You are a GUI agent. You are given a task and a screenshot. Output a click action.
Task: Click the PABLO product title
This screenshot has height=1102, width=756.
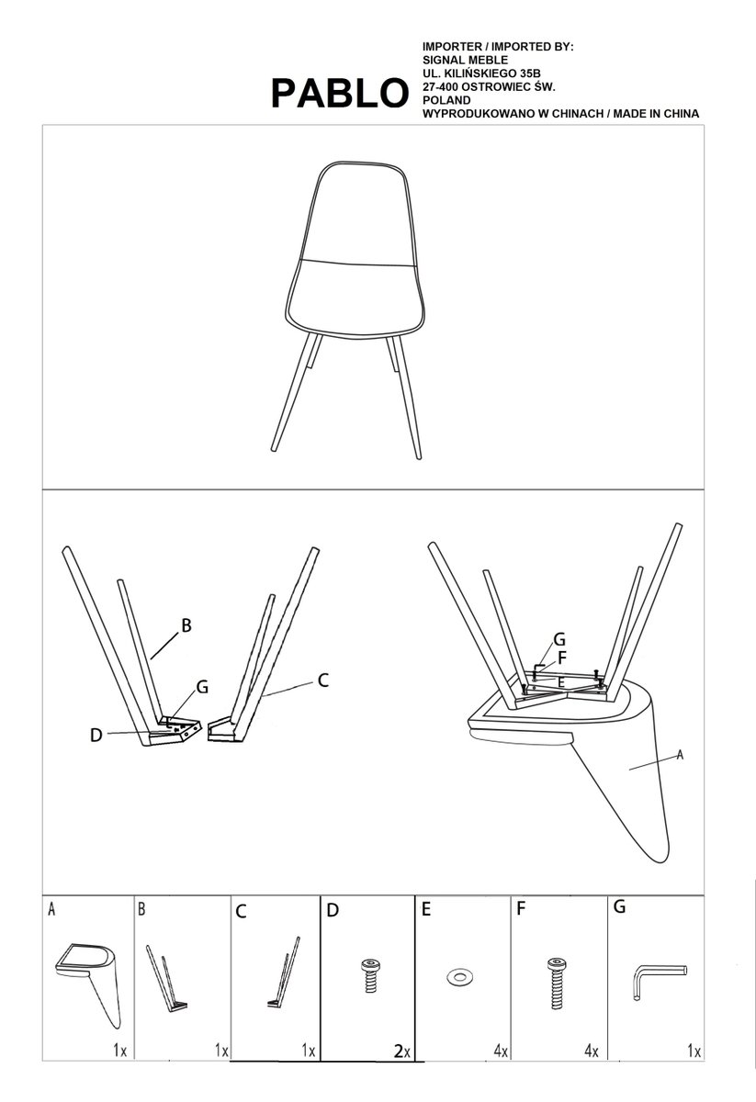click(340, 94)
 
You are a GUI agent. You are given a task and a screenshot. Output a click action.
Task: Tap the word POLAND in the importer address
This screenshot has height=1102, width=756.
click(447, 100)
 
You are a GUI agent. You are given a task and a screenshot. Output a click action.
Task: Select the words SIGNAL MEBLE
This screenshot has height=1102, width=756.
click(466, 60)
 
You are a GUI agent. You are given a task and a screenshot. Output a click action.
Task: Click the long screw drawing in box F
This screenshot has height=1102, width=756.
click(557, 982)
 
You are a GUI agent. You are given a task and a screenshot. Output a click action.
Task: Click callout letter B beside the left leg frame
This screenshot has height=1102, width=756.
click(186, 625)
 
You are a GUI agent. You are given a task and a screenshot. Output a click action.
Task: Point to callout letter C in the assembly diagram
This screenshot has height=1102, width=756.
click(322, 680)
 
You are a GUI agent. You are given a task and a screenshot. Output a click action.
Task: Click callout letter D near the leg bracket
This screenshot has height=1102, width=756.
click(96, 736)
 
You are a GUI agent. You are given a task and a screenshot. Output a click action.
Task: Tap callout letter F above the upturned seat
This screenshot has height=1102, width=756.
click(561, 658)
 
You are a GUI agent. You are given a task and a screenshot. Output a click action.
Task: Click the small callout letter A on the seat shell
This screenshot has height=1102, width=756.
click(680, 755)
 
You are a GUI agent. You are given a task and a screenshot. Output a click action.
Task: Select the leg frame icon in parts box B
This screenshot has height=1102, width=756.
click(166, 978)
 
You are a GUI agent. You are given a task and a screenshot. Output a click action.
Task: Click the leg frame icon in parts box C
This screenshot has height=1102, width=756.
click(284, 973)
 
